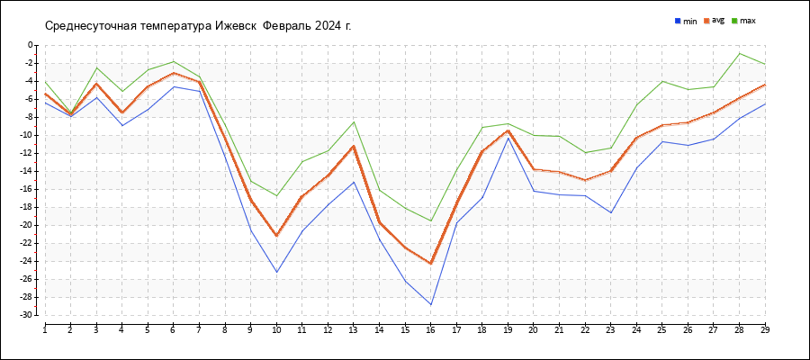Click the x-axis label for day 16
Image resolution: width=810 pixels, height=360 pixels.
coord(431,330)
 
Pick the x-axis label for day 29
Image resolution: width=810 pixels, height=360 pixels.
coord(765,330)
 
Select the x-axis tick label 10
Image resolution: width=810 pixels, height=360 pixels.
coord(277,330)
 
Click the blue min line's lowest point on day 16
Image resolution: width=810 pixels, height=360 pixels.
coord(431,304)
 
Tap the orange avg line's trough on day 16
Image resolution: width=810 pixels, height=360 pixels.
coord(431,264)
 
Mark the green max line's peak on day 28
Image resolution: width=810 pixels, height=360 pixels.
coord(740,53)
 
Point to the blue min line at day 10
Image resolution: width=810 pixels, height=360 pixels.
coord(277,272)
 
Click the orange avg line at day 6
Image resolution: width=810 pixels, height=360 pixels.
coord(174,73)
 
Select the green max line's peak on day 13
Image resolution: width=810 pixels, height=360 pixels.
coord(354,122)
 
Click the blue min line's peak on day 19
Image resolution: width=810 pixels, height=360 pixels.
coord(508,138)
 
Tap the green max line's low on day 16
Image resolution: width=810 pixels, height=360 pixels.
coord(431,220)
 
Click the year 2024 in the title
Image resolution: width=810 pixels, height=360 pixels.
coord(328,25)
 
